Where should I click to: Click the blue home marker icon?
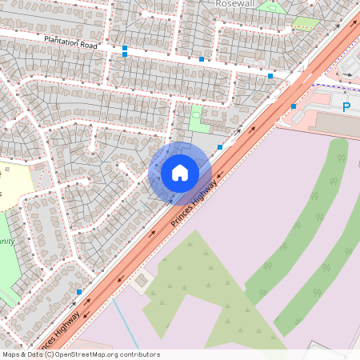coord(180,173)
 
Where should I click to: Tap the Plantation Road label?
coord(70,42)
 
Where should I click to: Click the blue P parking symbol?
coord(346,106)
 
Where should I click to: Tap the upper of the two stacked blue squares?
coord(125,48)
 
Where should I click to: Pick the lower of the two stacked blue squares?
coord(125,55)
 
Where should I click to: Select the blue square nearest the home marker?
coord(219,147)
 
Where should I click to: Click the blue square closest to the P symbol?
coord(294,106)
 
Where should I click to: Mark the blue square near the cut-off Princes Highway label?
coord(78,291)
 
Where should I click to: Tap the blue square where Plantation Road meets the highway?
coord(270,75)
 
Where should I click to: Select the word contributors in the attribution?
coord(138,354)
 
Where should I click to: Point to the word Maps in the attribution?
coord(11,354)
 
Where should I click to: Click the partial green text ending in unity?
coord(6,239)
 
